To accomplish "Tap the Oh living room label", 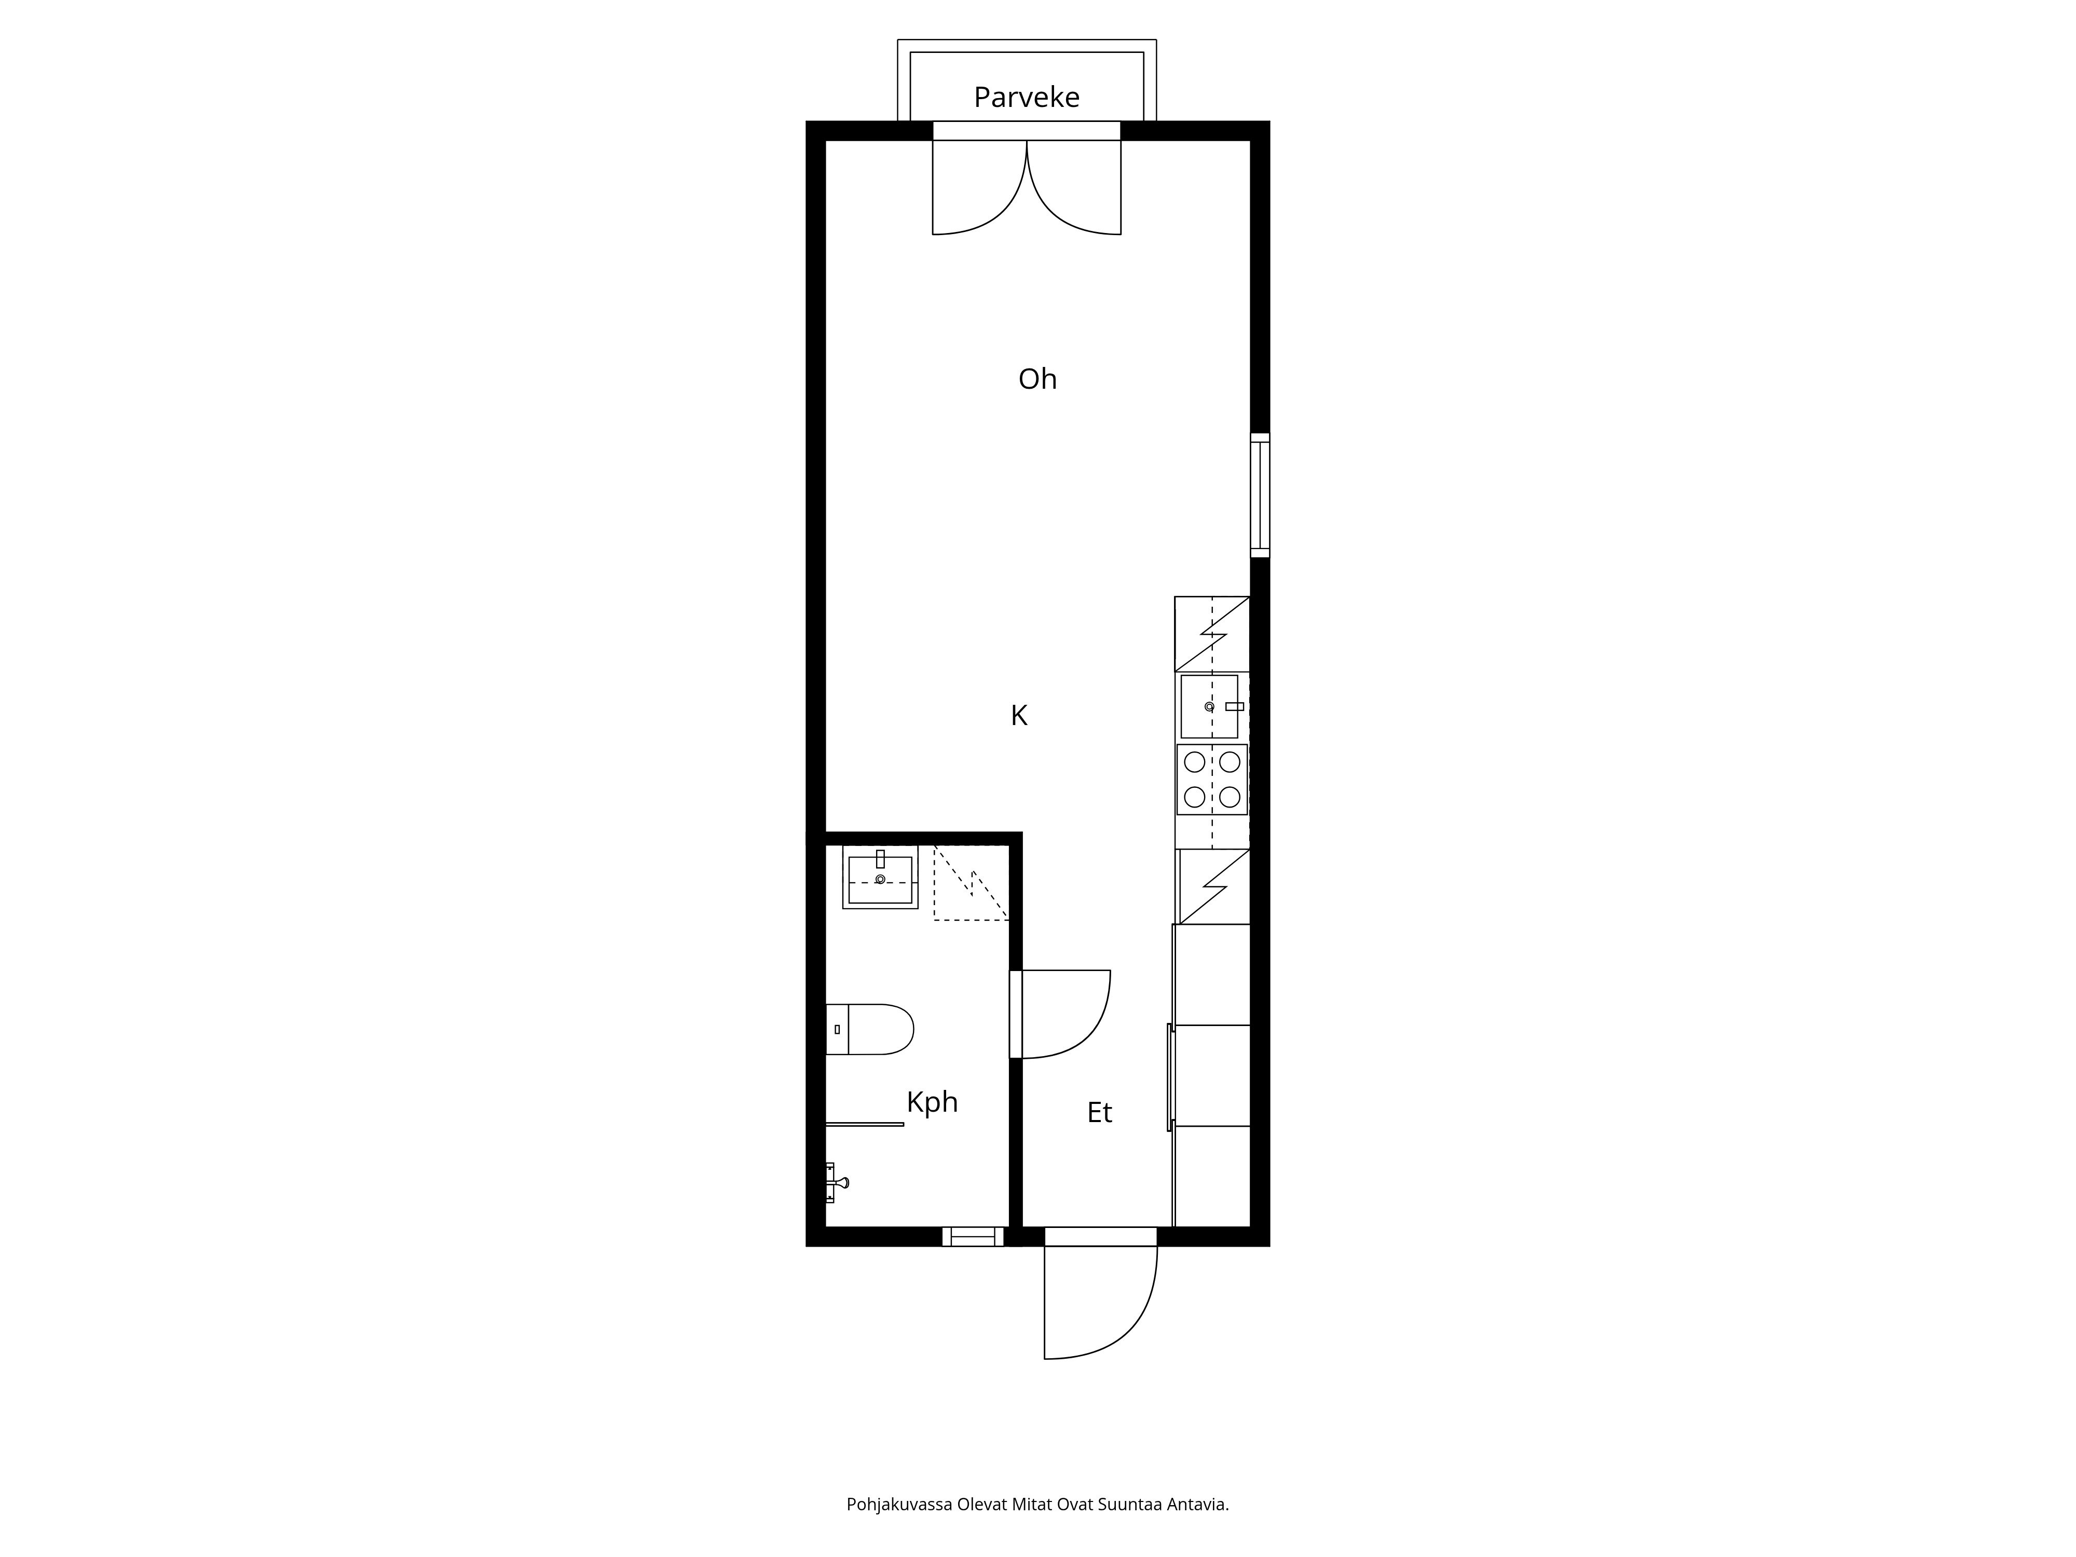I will (x=1037, y=379).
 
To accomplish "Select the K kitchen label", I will (x=1018, y=716).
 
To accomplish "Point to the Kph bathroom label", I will (x=932, y=1102).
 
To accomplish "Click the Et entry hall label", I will (x=1099, y=1113).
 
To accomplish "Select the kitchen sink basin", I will (x=1209, y=706).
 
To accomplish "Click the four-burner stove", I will (x=1212, y=779).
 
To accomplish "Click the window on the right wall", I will (x=1260, y=496).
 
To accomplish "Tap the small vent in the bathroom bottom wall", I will (x=972, y=1237).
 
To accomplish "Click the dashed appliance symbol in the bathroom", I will (x=971, y=883).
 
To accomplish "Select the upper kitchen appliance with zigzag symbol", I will (x=1212, y=634).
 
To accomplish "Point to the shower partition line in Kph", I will (x=864, y=1124).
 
